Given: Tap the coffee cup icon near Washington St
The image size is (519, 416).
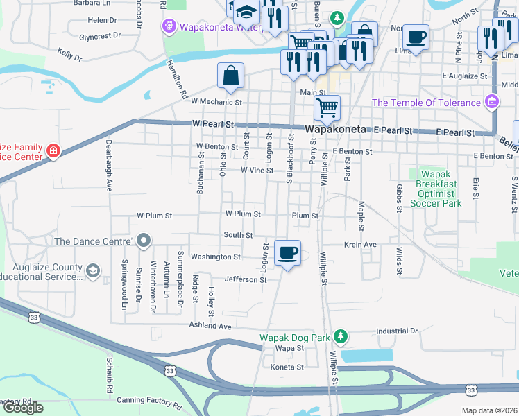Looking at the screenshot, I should coord(287,252).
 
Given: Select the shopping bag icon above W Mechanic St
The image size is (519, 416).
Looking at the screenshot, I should coord(230,76).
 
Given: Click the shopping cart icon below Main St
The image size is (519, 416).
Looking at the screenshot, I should coord(327,107).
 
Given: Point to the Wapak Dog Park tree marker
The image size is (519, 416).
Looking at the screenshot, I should coord(340,337).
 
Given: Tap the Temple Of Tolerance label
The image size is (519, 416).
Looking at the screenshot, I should coord(426,103).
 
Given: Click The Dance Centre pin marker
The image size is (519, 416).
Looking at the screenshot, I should coord(144,241).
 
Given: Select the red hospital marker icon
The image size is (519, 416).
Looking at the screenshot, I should coord(53,151).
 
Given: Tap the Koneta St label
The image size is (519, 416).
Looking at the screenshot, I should coord(287,367).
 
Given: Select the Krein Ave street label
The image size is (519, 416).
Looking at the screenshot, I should coord(360,245).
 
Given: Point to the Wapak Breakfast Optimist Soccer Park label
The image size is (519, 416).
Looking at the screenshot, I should coord(436,189).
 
